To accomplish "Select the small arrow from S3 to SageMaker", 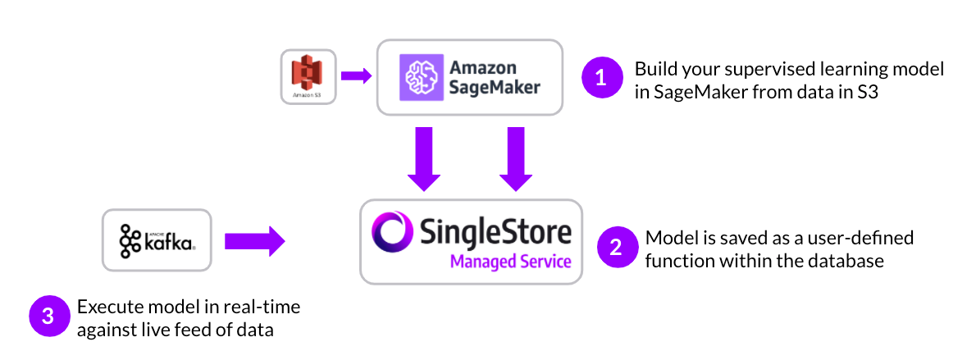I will pyautogui.click(x=356, y=76).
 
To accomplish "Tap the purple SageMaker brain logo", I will pyautogui.click(x=420, y=78).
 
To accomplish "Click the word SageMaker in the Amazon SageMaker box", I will pyautogui.click(x=495, y=87).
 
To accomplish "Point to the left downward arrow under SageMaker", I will pyautogui.click(x=423, y=157).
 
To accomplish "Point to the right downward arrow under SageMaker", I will pyautogui.click(x=514, y=157).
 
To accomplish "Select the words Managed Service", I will pyautogui.click(x=509, y=262).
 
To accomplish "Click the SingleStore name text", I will pyautogui.click(x=495, y=231).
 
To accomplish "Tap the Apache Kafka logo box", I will pyautogui.click(x=157, y=240).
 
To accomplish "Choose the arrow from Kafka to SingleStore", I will pyautogui.click(x=254, y=241).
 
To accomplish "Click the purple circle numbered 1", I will pyautogui.click(x=601, y=79).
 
